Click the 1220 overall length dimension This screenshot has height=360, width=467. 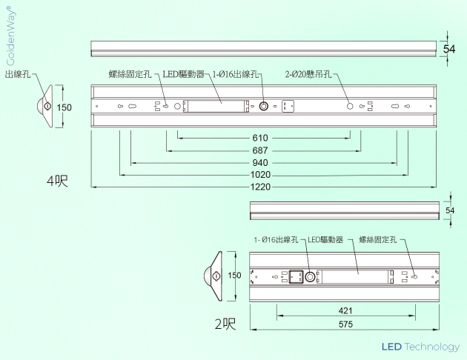tap(259, 187)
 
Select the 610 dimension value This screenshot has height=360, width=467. tap(259, 138)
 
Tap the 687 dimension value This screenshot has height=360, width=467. tap(259, 150)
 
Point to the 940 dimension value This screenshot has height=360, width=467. tap(259, 162)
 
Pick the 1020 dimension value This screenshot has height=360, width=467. tap(259, 175)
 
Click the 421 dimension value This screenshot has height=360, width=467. tap(345, 310)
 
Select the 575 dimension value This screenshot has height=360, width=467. tap(345, 324)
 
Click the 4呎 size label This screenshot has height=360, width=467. tap(57, 181)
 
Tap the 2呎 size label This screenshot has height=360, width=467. tap(225, 324)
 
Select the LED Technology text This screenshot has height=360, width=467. tap(420, 347)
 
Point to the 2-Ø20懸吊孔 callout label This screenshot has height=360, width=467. tap(308, 74)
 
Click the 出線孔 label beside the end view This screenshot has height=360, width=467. tap(18, 74)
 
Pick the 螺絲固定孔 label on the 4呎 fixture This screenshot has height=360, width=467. tap(130, 74)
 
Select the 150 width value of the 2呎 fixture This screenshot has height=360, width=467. tap(235, 276)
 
